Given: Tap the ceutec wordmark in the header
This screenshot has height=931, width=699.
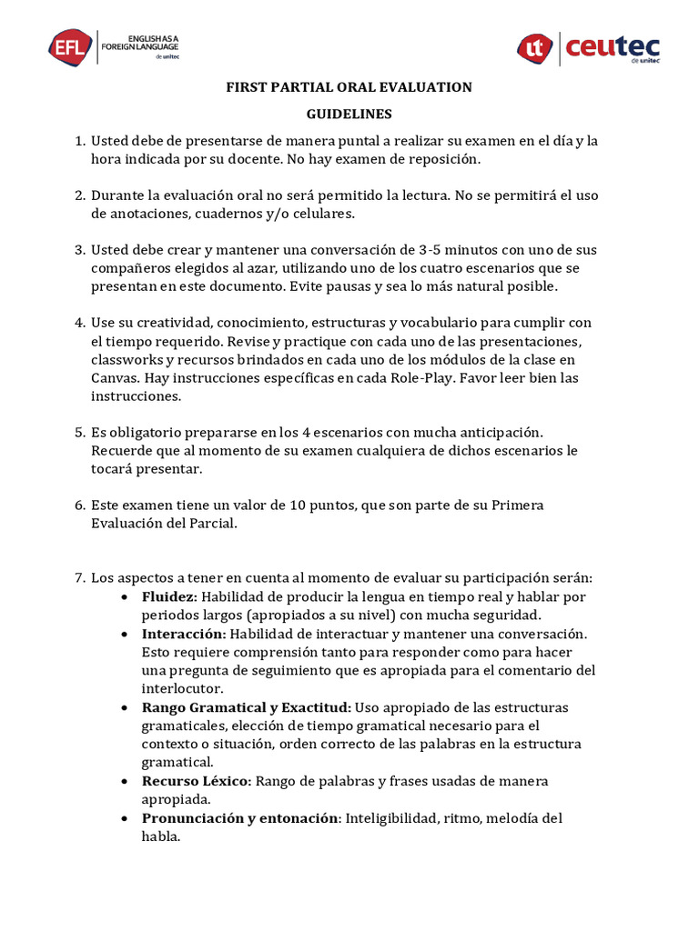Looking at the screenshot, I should (x=613, y=47).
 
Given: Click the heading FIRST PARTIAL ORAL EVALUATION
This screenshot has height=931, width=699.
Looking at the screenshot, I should (x=349, y=87).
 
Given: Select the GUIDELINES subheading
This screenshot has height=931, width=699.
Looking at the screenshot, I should (x=349, y=115).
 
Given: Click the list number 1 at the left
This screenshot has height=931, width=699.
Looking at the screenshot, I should (x=78, y=141).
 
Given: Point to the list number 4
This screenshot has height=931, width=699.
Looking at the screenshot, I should (x=78, y=323).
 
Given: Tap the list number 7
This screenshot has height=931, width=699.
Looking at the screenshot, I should (x=78, y=577).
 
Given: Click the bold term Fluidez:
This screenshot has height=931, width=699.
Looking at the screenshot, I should (x=169, y=596).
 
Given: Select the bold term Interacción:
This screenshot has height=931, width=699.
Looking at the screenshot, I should (x=184, y=634).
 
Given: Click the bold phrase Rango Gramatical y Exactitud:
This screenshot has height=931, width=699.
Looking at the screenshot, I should (x=246, y=707).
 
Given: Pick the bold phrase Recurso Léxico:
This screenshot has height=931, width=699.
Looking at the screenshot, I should (x=197, y=781).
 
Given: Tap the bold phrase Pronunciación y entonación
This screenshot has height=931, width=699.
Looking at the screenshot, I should (x=239, y=818).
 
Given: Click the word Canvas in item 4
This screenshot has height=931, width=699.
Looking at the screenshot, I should (x=114, y=377).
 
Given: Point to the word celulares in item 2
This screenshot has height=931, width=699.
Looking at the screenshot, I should (x=321, y=214).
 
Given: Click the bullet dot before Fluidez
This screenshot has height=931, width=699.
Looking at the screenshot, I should (x=126, y=597).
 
